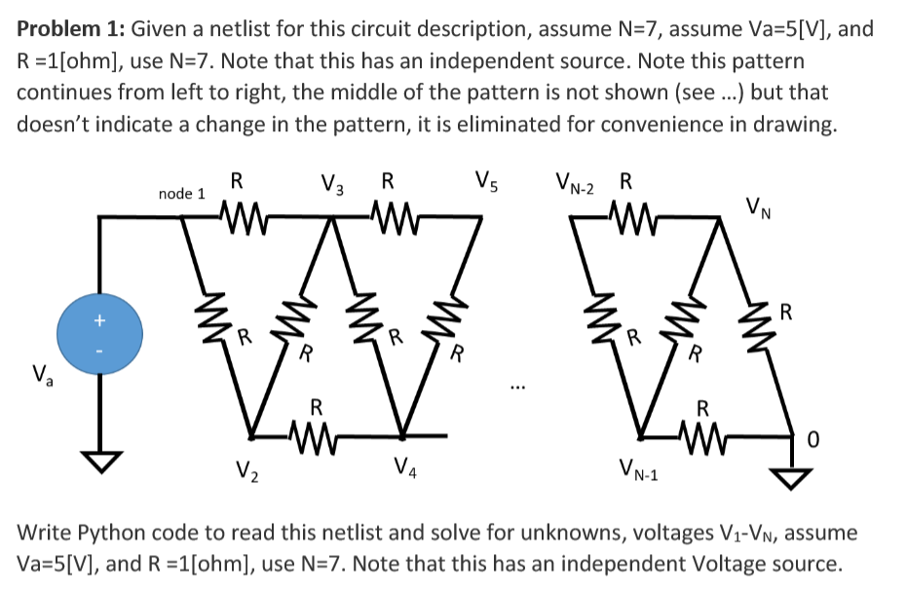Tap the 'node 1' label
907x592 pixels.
pos(181,194)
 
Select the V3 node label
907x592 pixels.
pos(332,184)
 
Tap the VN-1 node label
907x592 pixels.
pos(639,474)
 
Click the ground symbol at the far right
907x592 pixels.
pos(790,476)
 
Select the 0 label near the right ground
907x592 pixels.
pos(813,443)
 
